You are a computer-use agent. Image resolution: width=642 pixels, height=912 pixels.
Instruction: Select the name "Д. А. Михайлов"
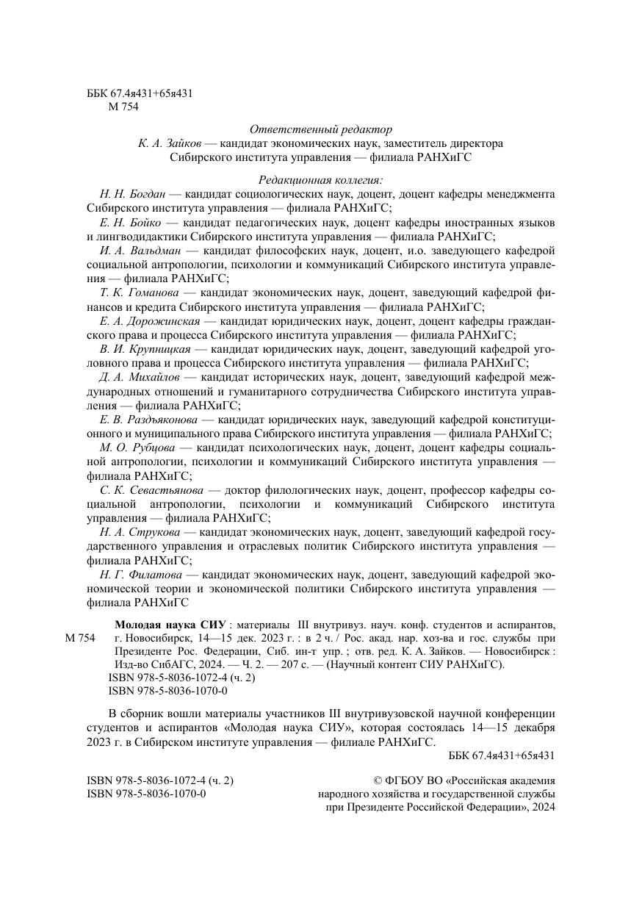(137, 377)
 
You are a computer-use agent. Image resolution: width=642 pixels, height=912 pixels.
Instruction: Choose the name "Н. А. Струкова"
(138, 532)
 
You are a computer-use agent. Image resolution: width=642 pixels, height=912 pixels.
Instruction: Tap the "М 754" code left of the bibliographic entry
(80, 637)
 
